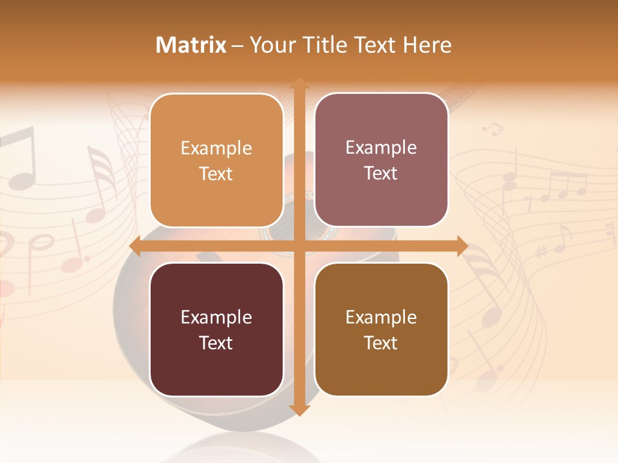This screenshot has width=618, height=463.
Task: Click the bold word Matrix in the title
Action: tap(191, 45)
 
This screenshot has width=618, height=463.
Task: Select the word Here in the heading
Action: tap(427, 45)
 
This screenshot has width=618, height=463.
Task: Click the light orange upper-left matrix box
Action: tap(216, 161)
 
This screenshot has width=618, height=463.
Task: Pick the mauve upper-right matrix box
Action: tap(381, 160)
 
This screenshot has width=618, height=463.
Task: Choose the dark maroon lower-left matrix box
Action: tap(216, 329)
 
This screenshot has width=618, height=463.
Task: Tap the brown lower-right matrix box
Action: tap(381, 329)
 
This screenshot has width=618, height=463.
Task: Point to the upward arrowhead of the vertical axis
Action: tap(299, 84)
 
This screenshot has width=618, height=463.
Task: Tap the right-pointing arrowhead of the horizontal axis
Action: tap(461, 246)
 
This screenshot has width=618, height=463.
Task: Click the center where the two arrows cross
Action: tap(299, 246)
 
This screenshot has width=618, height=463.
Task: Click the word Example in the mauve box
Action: tap(381, 148)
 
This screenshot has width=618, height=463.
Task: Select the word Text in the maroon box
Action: tap(216, 343)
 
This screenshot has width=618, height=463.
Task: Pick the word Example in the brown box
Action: tap(381, 317)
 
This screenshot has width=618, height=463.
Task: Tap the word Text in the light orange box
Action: tap(216, 174)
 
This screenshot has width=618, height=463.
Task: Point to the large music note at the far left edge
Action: tap(19, 158)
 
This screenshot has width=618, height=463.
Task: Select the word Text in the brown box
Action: tap(381, 343)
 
